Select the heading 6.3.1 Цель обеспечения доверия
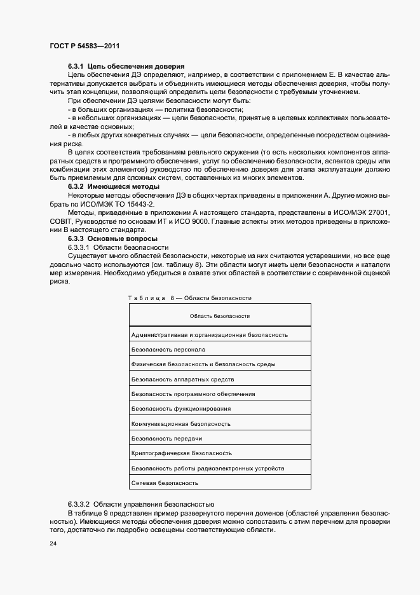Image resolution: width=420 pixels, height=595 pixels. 126,66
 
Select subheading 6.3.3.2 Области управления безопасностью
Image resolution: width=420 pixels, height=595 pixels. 141,503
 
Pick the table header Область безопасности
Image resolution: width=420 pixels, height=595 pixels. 220,316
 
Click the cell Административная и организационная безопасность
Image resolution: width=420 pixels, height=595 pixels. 210,334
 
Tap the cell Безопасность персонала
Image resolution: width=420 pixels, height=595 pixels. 168,350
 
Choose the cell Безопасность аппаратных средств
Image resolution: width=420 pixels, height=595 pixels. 182,379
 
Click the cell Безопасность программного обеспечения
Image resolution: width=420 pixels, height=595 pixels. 193,394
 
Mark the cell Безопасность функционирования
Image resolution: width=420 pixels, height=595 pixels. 180,409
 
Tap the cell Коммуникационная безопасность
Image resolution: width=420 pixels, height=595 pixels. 180,424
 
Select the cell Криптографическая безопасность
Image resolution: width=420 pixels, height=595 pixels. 181,454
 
